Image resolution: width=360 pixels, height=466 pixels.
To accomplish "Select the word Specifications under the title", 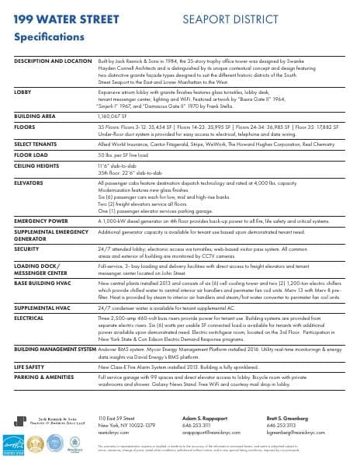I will pyautogui.click(x=50, y=37).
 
